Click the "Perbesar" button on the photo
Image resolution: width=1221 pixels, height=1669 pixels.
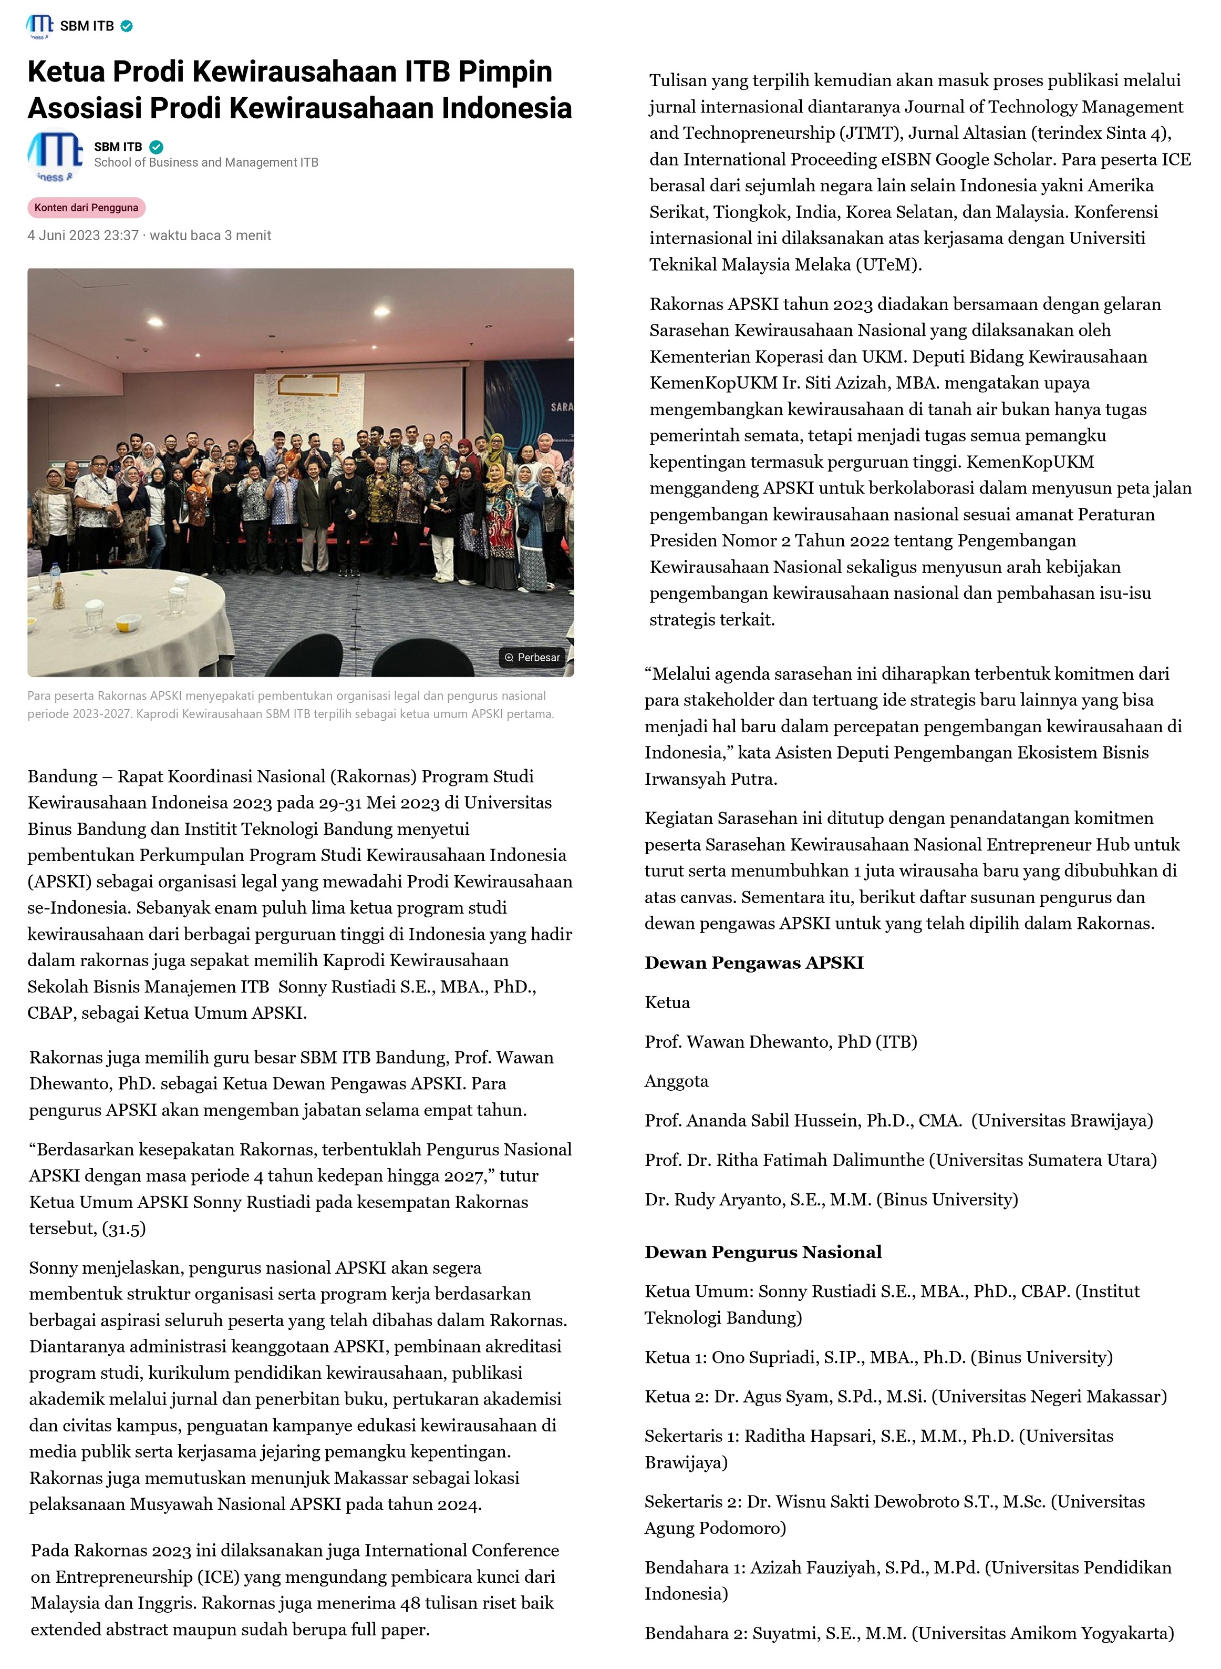(x=532, y=658)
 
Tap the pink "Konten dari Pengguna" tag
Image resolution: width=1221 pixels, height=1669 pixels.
(x=87, y=208)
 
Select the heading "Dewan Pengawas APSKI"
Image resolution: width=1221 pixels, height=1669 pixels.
(x=754, y=963)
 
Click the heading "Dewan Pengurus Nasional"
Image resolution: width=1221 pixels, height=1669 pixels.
(x=763, y=1252)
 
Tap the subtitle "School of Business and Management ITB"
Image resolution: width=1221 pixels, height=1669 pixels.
(x=205, y=162)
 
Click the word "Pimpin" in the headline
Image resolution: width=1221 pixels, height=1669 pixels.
(x=505, y=71)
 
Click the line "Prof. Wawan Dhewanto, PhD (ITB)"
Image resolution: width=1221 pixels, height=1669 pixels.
(x=781, y=1042)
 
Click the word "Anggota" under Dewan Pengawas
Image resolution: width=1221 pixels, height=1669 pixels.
(x=676, y=1081)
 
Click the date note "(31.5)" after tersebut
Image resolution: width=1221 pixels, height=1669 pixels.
(x=124, y=1228)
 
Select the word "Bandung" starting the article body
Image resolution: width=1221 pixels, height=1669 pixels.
(x=62, y=776)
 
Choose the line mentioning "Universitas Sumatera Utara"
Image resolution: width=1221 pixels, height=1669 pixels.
(x=900, y=1160)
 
